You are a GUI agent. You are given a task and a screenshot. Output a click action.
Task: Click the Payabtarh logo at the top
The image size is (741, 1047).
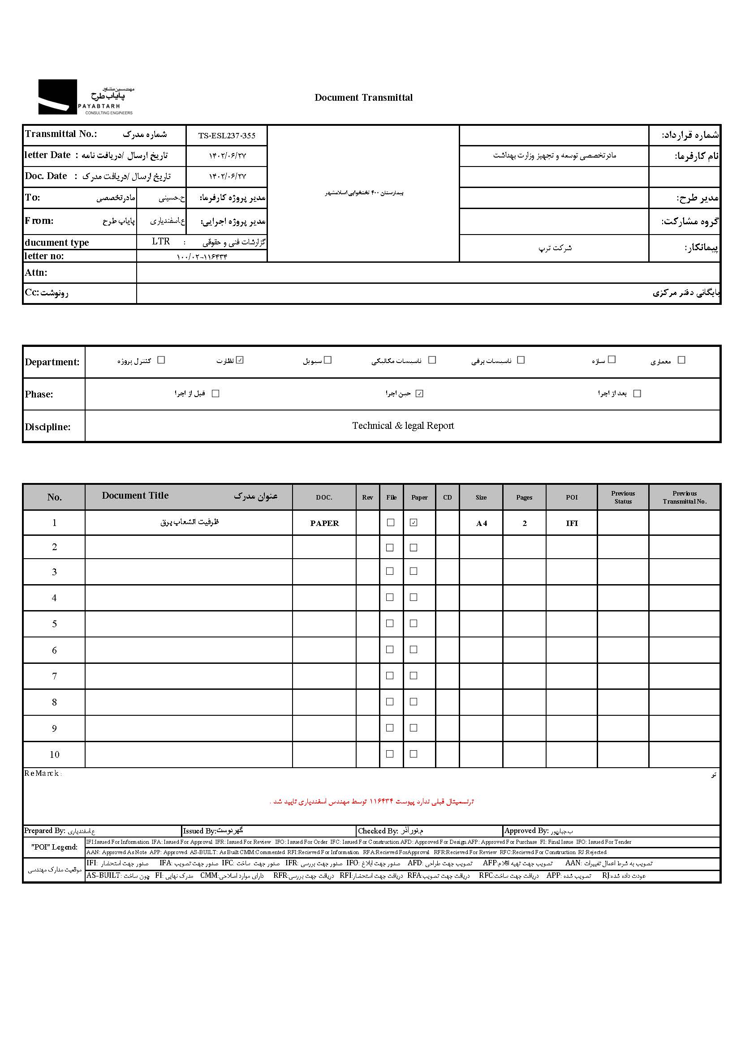pyautogui.click(x=86, y=97)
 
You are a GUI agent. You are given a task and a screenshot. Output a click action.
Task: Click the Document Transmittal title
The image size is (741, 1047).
pyautogui.click(x=363, y=98)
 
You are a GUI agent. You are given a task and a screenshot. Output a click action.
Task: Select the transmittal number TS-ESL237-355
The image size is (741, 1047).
pyautogui.click(x=227, y=136)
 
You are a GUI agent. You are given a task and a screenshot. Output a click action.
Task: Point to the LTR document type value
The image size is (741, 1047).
pyautogui.click(x=161, y=241)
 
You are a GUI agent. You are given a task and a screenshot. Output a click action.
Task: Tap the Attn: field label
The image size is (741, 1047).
pyautogui.click(x=36, y=273)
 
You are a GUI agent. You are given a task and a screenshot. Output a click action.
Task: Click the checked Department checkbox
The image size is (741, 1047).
pyautogui.click(x=241, y=360)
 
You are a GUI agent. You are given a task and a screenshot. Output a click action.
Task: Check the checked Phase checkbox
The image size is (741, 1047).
pyautogui.click(x=419, y=393)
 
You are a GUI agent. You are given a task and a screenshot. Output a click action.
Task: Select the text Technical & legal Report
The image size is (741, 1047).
pyautogui.click(x=403, y=425)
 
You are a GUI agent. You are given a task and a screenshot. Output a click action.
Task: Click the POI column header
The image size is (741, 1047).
pyautogui.click(x=571, y=497)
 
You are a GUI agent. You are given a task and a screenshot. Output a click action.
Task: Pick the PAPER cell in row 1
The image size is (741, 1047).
pyautogui.click(x=324, y=523)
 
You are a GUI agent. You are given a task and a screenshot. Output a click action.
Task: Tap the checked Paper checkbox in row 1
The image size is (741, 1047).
pyautogui.click(x=414, y=522)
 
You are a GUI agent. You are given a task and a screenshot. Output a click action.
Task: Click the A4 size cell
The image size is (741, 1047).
pyautogui.click(x=481, y=523)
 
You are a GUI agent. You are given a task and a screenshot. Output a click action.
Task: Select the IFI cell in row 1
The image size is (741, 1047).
pyautogui.click(x=572, y=523)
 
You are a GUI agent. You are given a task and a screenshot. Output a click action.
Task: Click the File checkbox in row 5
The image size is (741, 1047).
pyautogui.click(x=390, y=624)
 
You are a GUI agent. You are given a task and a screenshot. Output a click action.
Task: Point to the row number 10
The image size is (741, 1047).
pyautogui.click(x=54, y=754)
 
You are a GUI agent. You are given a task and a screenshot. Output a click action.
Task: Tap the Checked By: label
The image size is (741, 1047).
pyautogui.click(x=378, y=831)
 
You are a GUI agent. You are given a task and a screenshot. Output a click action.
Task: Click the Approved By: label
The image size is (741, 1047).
pyautogui.click(x=526, y=831)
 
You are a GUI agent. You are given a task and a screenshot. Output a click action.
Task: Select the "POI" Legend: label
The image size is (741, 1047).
pyautogui.click(x=54, y=847)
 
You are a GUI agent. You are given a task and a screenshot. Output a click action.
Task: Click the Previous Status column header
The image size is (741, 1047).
pyautogui.click(x=623, y=497)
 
